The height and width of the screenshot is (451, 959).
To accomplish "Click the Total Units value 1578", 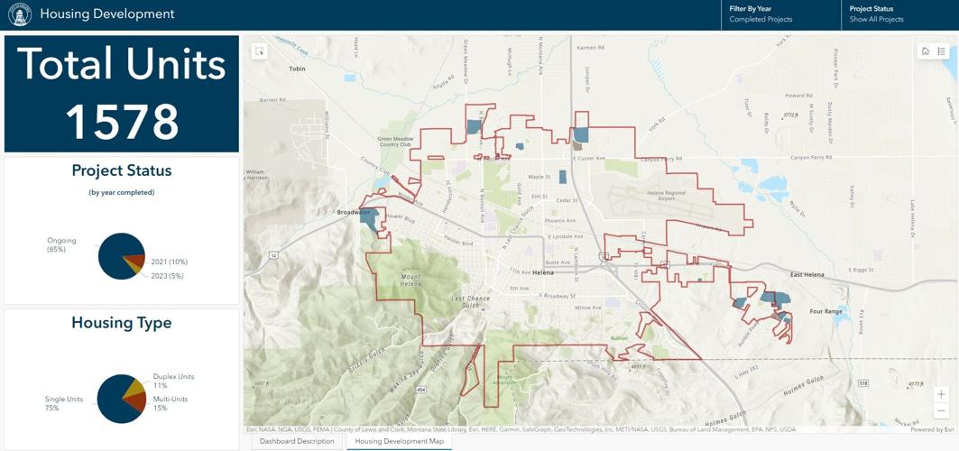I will [122, 122].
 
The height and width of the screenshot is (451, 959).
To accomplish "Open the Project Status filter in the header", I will [899, 14].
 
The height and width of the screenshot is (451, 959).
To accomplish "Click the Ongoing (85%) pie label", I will [61, 244].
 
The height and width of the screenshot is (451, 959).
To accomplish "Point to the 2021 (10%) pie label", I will [169, 262].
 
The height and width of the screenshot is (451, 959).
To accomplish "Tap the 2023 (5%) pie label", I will [167, 276].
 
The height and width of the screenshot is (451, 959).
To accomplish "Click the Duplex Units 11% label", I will [173, 381].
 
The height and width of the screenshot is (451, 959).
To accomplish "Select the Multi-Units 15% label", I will [171, 403].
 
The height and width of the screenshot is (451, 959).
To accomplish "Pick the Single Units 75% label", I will [64, 403].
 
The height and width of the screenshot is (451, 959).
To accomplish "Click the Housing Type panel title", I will [122, 323].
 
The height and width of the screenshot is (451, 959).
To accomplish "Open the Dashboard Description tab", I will [297, 441].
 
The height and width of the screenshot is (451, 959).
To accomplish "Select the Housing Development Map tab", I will [399, 441].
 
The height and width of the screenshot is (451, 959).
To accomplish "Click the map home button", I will [925, 51].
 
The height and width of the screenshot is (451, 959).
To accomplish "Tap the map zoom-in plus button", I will [941, 394].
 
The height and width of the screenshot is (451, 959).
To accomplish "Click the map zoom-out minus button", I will [941, 410].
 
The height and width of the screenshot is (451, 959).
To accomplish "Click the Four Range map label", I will [825, 311].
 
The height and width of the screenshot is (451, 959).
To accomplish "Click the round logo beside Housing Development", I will [19, 14].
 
